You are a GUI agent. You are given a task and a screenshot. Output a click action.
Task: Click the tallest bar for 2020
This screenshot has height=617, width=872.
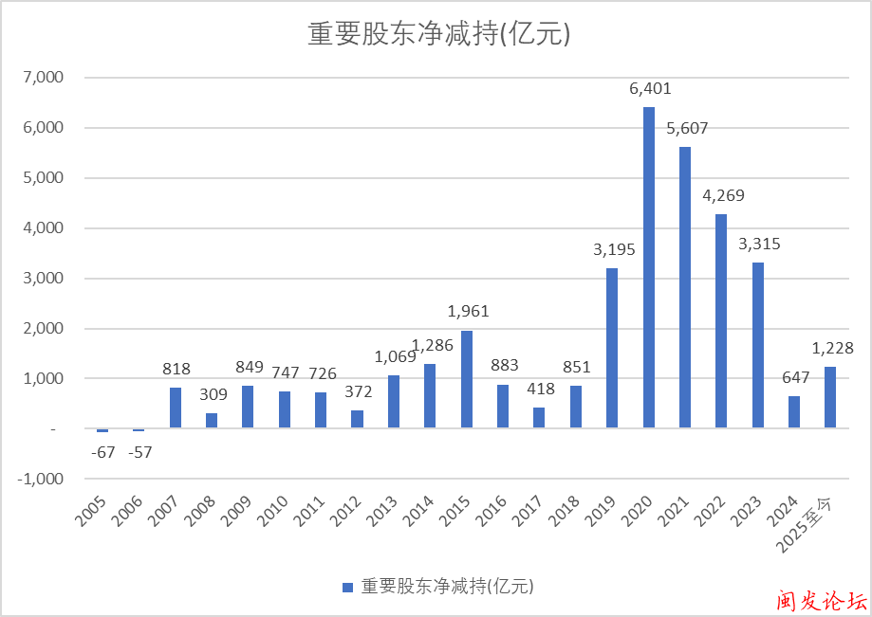coord(649,267)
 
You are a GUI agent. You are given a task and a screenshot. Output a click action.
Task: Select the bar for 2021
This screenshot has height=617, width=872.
coord(685,287)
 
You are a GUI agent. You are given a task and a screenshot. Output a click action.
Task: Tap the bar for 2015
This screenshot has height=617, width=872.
coord(467,379)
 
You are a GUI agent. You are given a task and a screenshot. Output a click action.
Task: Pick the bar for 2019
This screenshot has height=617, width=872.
coord(612,348)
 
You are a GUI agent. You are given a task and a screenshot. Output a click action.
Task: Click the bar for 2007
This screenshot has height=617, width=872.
coord(176,408)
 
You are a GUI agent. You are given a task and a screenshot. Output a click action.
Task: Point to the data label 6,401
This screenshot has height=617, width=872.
coord(650,89)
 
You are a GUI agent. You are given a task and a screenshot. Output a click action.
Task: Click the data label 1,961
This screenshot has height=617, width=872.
coord(468,312)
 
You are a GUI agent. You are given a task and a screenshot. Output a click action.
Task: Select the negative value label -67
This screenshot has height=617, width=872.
coord(102,452)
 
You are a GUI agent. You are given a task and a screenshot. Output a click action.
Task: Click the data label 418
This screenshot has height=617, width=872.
coord(540,389)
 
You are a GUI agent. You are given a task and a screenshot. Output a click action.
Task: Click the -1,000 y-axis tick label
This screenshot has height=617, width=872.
coord(40,480)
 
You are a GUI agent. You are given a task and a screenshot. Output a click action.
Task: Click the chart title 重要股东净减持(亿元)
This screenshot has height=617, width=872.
coord(437,34)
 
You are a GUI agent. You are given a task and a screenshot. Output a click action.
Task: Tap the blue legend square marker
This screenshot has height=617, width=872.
coord(347,587)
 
